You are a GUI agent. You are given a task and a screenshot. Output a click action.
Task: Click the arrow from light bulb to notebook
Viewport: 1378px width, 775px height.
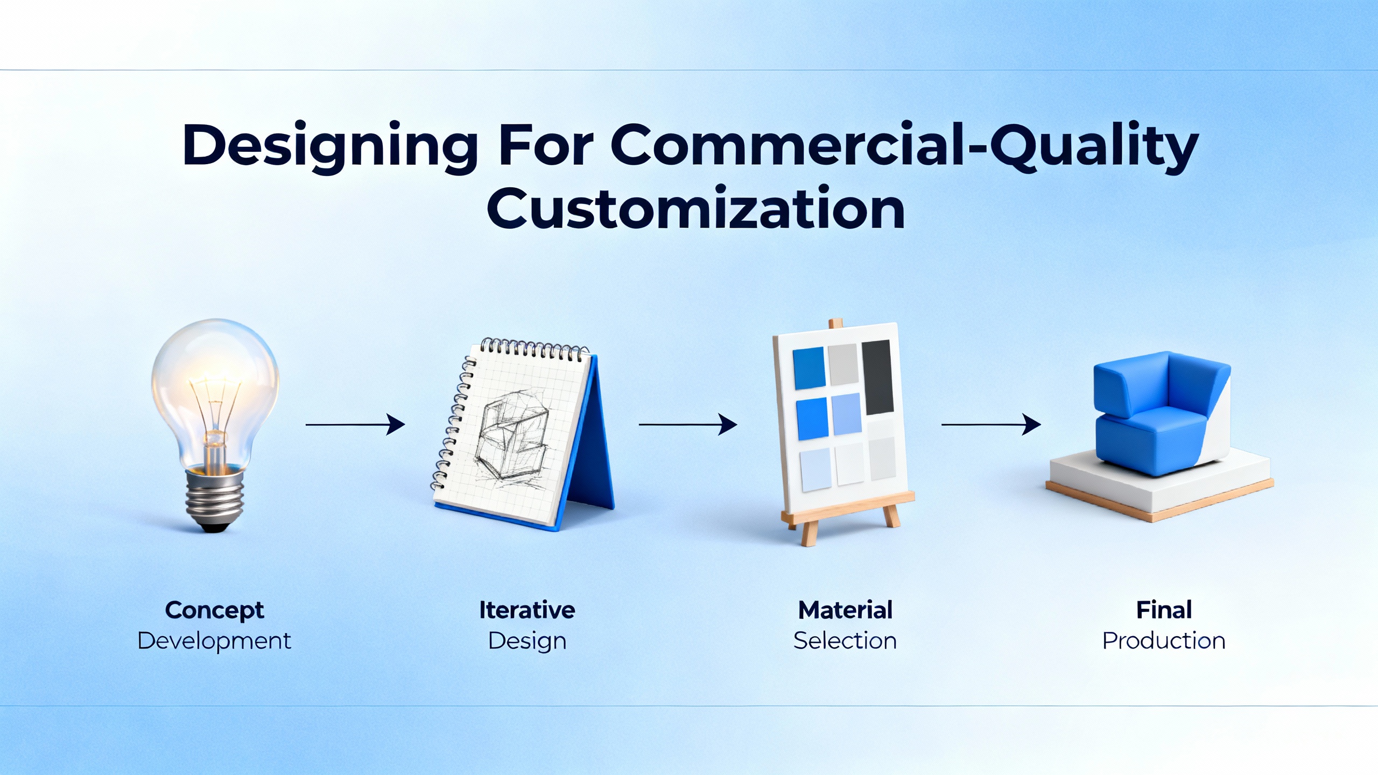[355, 425]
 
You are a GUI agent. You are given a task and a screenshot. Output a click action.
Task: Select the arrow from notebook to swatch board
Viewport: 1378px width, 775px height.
[687, 425]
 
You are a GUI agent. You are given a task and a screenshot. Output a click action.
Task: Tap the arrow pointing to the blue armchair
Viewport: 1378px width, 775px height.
[990, 425]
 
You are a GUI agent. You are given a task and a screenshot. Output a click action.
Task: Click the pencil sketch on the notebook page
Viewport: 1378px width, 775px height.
[511, 436]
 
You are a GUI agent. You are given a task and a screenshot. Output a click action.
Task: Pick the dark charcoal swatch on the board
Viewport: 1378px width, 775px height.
[877, 377]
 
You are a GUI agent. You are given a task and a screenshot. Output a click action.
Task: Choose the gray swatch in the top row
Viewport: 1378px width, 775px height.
[843, 365]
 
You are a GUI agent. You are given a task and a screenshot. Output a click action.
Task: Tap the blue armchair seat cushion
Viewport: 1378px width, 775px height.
[1147, 431]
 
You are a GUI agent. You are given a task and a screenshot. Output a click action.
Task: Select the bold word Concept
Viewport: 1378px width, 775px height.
[214, 610]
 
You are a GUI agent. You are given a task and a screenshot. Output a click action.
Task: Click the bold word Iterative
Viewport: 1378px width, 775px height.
[527, 610]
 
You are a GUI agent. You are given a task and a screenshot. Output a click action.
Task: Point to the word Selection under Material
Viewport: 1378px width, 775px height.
[845, 641]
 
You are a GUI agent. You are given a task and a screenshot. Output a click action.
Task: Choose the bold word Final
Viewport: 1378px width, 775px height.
[1164, 610]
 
